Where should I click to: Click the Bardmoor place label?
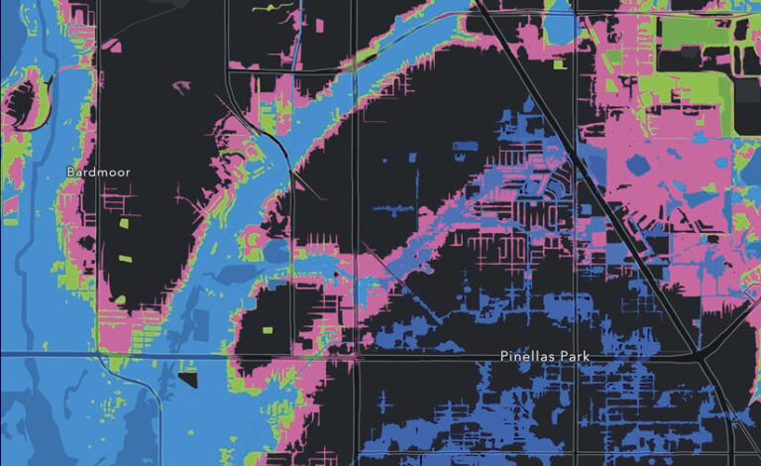(x=98, y=173)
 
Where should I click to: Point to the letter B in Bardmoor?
(x=70, y=173)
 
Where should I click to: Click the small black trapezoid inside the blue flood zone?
(x=188, y=378)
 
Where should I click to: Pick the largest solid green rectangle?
(x=694, y=33)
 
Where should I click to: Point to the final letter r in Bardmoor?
(x=128, y=173)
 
